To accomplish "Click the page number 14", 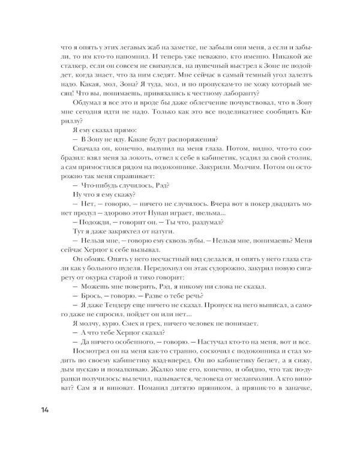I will pos(46,410).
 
